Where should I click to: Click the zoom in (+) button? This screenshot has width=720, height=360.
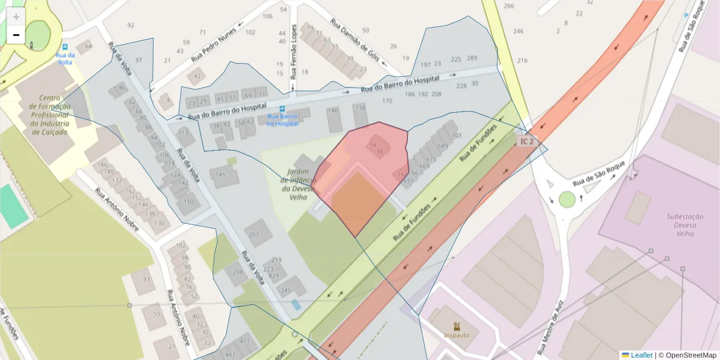click(x=16, y=17)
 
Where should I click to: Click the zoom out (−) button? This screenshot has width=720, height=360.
click(x=16, y=35)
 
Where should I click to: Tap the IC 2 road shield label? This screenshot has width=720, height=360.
click(x=527, y=141)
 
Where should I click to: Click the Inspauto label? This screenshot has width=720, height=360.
click(x=457, y=335)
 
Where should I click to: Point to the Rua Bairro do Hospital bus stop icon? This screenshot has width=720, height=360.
click(x=283, y=109)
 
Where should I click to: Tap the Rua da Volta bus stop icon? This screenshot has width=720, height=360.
click(x=65, y=47)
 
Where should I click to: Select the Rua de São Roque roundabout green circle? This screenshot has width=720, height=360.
click(x=567, y=199)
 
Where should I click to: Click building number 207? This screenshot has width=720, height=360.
click(x=254, y=235)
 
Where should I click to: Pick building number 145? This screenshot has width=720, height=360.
click(x=220, y=175)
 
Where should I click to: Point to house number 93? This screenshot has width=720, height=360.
click(x=146, y=279)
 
